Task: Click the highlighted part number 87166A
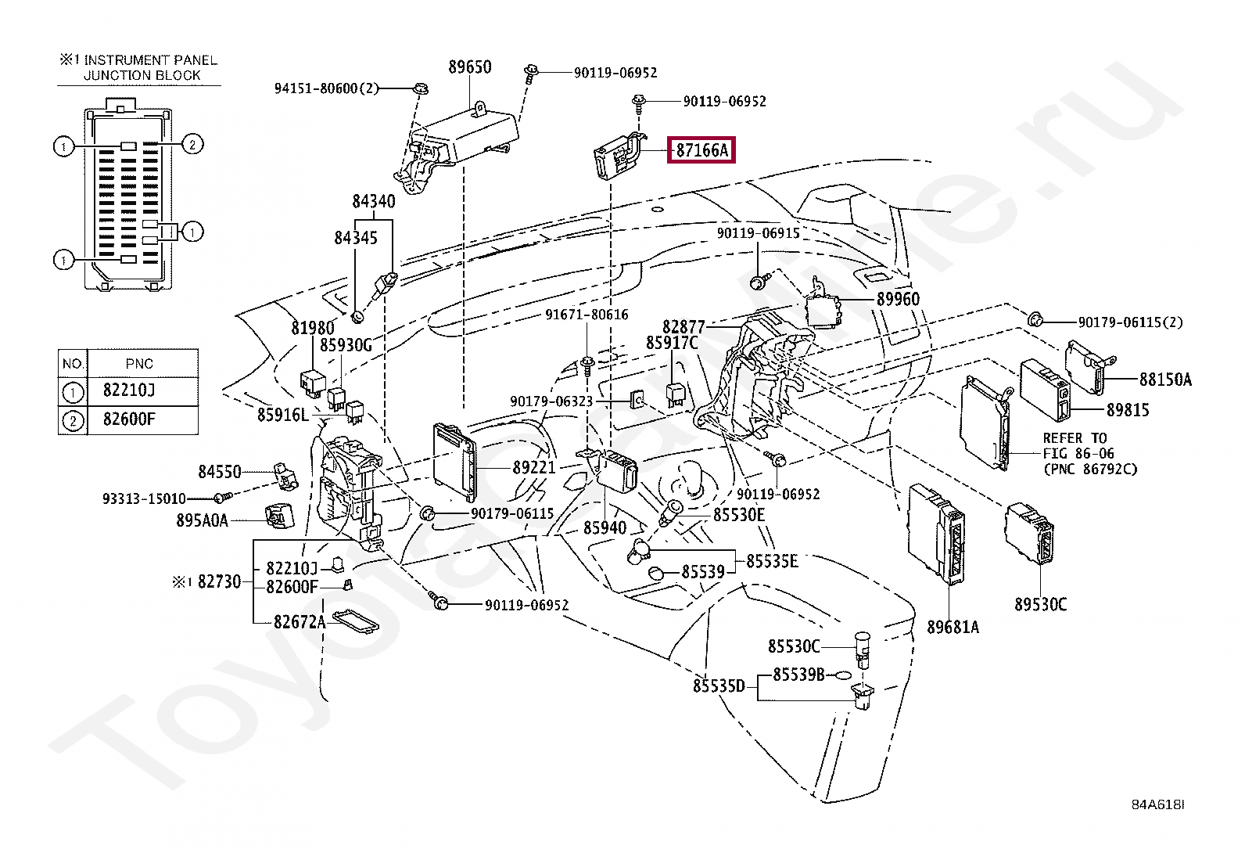click(701, 149)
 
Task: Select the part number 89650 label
click(470, 67)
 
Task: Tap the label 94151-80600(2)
click(326, 88)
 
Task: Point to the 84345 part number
click(356, 238)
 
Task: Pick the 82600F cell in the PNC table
click(129, 419)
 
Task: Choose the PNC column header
click(139, 364)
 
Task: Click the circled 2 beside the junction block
click(192, 145)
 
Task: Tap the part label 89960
click(898, 299)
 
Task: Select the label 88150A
click(1165, 380)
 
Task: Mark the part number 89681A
click(953, 627)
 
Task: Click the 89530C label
click(1040, 604)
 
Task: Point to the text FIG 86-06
click(1078, 453)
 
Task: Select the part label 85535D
click(719, 685)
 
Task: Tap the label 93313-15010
click(144, 498)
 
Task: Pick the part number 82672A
click(299, 621)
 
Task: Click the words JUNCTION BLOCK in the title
click(142, 75)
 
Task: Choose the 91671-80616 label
click(587, 315)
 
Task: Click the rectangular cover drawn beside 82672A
click(355, 622)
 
